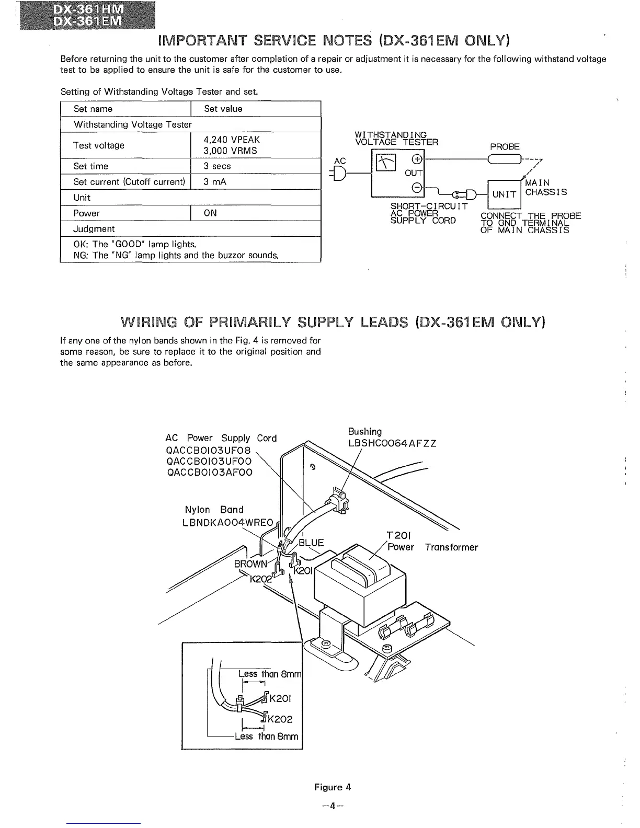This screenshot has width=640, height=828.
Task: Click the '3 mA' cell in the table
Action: tap(215, 182)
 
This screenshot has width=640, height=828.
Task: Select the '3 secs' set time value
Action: tap(217, 166)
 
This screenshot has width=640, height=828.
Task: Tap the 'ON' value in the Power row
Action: tap(210, 213)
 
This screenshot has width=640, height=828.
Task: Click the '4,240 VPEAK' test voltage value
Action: tap(232, 140)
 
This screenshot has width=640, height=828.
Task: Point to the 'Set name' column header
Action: tap(93, 109)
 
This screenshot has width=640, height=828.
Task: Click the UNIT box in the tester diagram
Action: tap(504, 194)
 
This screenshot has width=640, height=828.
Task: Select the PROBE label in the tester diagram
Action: tap(505, 147)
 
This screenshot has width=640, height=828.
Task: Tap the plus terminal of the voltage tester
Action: tap(417, 159)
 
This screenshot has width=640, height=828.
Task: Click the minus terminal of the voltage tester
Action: tap(417, 187)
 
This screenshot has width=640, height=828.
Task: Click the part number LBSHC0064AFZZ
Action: tap(392, 444)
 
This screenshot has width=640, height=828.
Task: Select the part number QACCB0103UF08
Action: tap(208, 450)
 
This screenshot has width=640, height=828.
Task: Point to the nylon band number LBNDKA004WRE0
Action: tap(228, 522)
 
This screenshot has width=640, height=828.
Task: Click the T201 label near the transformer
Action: tap(398, 536)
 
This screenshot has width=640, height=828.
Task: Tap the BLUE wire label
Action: tap(311, 543)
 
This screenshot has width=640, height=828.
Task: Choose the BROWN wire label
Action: tap(250, 564)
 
